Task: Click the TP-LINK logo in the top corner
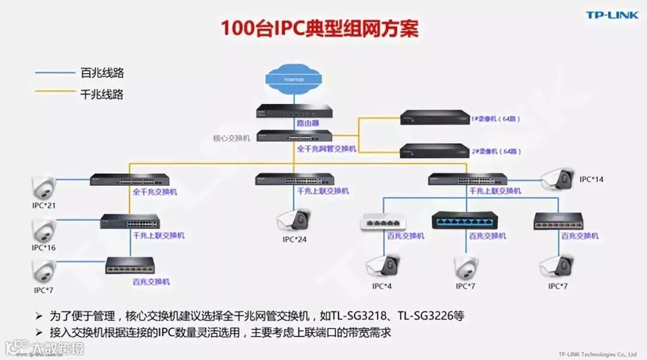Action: click(x=612, y=15)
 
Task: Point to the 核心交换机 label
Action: click(x=231, y=138)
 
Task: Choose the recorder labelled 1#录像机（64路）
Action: click(x=434, y=117)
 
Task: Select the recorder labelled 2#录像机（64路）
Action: click(x=434, y=152)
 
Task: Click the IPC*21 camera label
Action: click(x=44, y=205)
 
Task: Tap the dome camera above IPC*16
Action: click(x=44, y=230)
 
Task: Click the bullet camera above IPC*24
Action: click(x=294, y=220)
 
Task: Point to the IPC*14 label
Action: click(x=591, y=179)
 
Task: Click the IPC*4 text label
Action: click(x=382, y=286)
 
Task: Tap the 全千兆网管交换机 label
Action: click(x=326, y=149)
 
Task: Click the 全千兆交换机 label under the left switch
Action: click(x=155, y=192)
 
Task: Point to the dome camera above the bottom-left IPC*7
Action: click(x=44, y=271)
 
